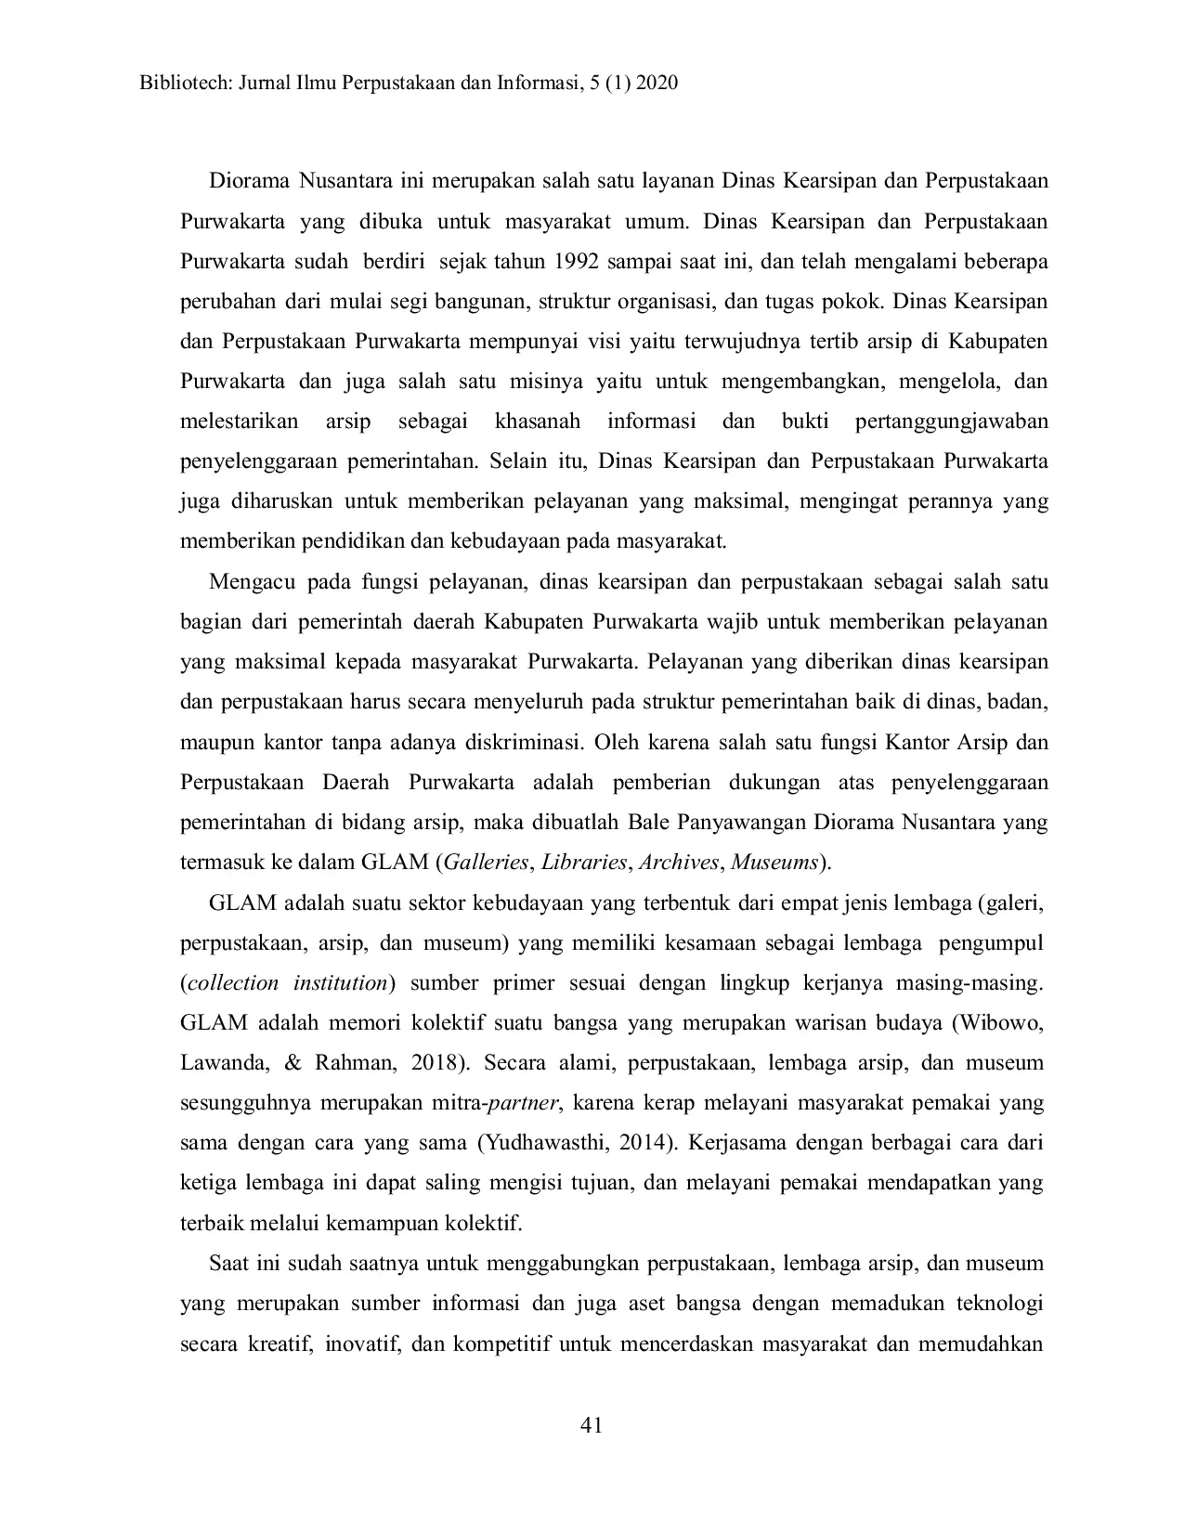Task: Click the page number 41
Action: [x=592, y=1425]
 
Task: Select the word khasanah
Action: [x=538, y=422]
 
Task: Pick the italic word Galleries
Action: [x=486, y=863]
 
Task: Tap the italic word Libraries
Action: [x=584, y=863]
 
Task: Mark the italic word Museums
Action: [x=774, y=863]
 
